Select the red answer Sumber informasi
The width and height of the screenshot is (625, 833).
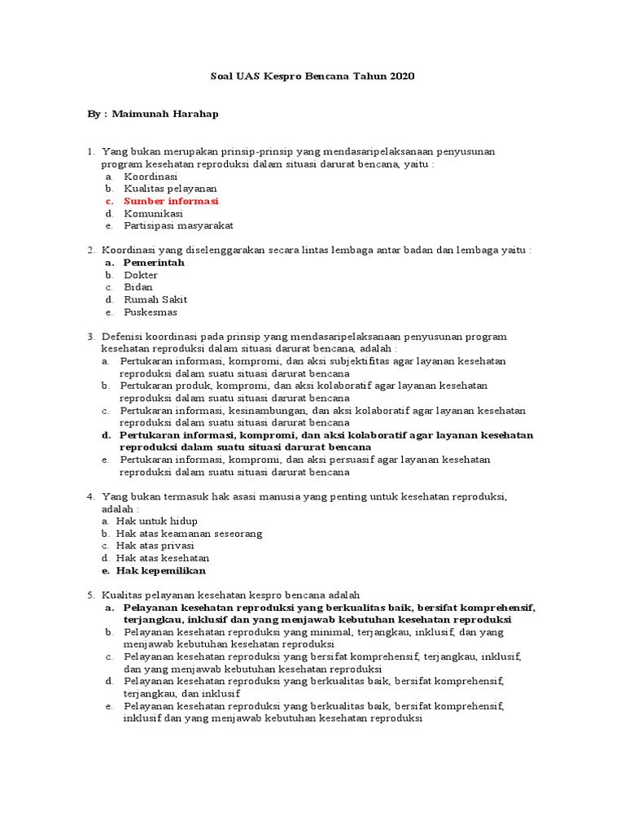tap(171, 201)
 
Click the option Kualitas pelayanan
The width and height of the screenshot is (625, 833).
tap(170, 189)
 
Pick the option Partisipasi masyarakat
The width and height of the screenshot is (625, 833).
tap(178, 226)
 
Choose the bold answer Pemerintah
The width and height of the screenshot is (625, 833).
tap(154, 263)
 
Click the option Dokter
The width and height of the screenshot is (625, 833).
tap(140, 275)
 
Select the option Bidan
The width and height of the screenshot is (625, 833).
tap(138, 287)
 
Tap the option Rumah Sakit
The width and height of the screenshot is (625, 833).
tap(155, 299)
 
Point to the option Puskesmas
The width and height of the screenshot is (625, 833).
tap(150, 312)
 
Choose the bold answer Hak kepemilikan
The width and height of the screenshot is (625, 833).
tap(161, 570)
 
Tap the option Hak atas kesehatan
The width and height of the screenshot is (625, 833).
tap(163, 558)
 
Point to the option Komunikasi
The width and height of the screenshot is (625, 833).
tap(153, 213)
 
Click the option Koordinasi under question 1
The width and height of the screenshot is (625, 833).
tap(151, 177)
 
